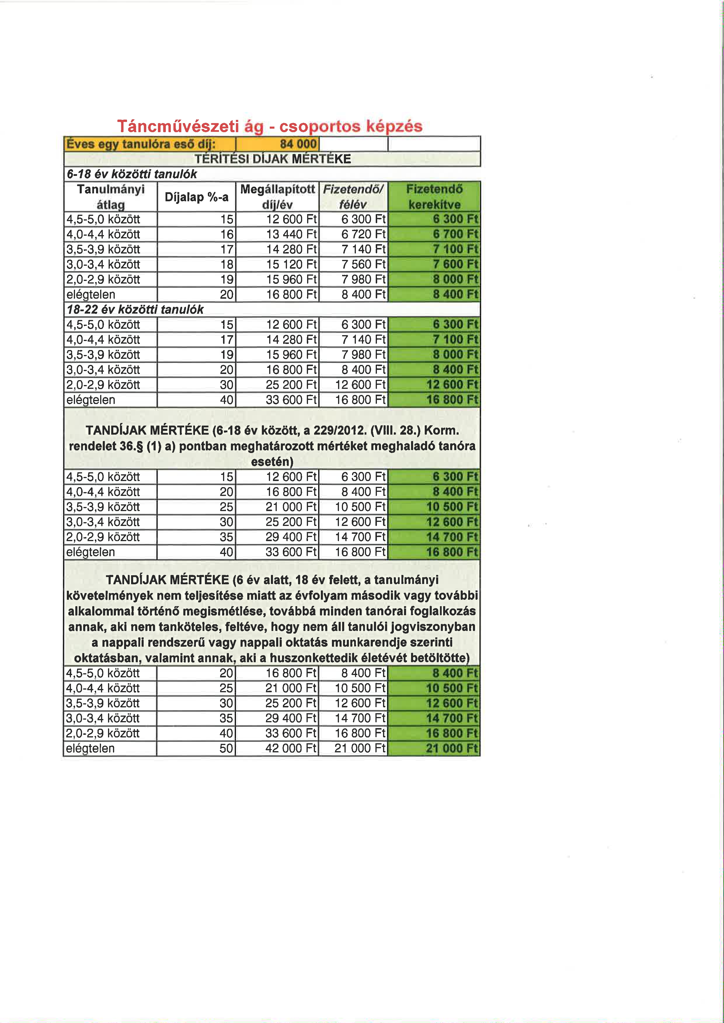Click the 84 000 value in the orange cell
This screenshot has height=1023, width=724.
click(x=298, y=144)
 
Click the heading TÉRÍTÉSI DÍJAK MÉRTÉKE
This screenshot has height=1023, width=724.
click(x=272, y=159)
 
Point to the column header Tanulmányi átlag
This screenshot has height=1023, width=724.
click(x=111, y=197)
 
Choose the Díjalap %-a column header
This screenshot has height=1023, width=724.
click(x=196, y=197)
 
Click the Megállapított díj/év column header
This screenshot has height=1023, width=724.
click(x=277, y=197)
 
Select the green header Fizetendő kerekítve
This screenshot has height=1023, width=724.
click(x=434, y=197)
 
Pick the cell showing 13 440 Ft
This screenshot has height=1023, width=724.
click(x=291, y=234)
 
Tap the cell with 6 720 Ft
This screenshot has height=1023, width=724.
click(x=363, y=234)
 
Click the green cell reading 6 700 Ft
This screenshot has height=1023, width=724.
click(x=455, y=234)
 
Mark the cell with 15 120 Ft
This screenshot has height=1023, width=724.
click(x=291, y=265)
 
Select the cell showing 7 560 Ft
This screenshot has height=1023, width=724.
click(x=363, y=265)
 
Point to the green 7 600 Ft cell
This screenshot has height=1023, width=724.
click(x=455, y=265)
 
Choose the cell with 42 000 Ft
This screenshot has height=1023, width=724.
click(x=291, y=748)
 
